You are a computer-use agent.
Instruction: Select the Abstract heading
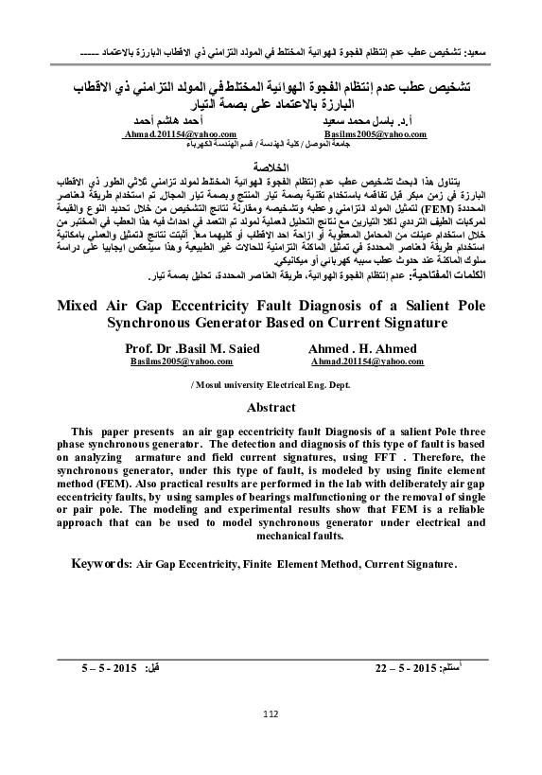[x=271, y=408]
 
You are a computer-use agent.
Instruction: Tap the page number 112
[x=271, y=713]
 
